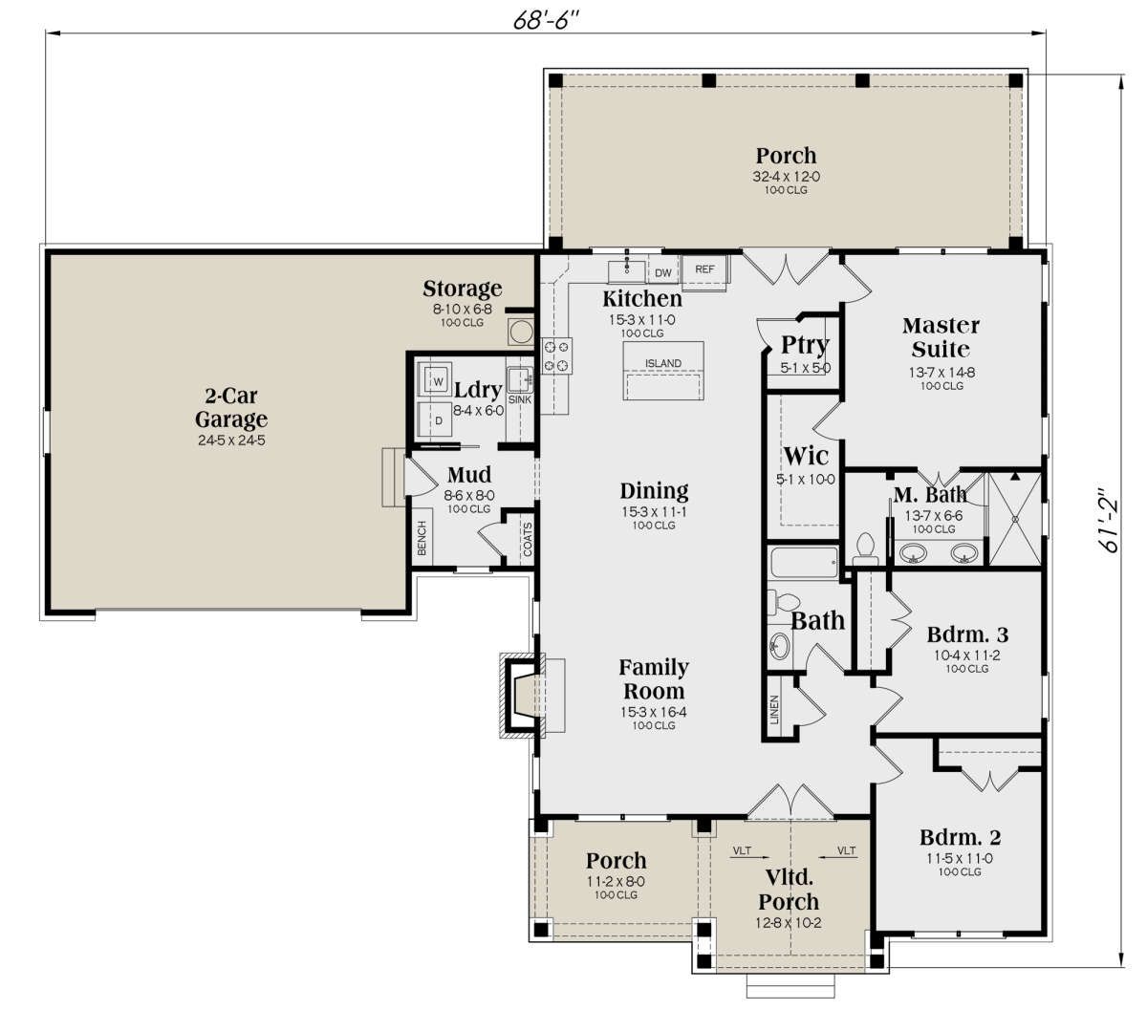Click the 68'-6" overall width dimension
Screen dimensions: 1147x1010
click(547, 20)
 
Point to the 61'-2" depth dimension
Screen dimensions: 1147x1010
click(1106, 520)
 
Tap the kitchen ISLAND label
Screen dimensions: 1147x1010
click(663, 363)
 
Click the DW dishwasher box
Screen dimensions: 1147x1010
click(663, 272)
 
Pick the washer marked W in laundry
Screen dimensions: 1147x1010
click(435, 379)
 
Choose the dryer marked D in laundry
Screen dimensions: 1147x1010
click(435, 419)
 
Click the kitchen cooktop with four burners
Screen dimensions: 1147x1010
click(557, 355)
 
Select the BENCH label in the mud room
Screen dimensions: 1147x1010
click(422, 538)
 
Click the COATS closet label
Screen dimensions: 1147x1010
click(528, 539)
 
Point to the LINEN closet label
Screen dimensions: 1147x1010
click(774, 709)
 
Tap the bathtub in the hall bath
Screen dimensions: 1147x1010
click(804, 563)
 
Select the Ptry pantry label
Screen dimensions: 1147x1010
click(805, 345)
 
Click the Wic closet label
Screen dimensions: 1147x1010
click(806, 456)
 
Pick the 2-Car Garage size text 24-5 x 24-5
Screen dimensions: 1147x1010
click(231, 440)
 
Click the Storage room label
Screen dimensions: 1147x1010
click(462, 289)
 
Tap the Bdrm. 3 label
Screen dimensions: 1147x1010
click(967, 634)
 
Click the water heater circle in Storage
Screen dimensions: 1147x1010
click(520, 332)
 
